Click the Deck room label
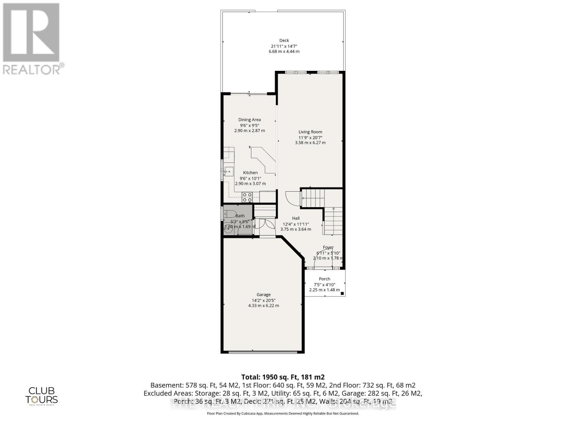pyautogui.click(x=284, y=40)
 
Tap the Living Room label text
pyautogui.click(x=310, y=132)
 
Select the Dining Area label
pyautogui.click(x=249, y=120)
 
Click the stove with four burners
pyautogui.click(x=247, y=197)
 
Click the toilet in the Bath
pyautogui.click(x=230, y=214)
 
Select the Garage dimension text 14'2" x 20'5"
pyautogui.click(x=264, y=300)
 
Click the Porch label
pyautogui.click(x=324, y=279)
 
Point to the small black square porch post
pyautogui.click(x=342, y=293)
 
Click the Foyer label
pyautogui.click(x=328, y=248)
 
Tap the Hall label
pyautogui.click(x=296, y=218)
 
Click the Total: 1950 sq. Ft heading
pyautogui.click(x=283, y=377)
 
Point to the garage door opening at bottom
pyautogui.click(x=262, y=352)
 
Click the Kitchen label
pyautogui.click(x=250, y=172)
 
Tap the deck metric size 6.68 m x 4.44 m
pyautogui.click(x=284, y=51)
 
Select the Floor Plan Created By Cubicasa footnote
pyautogui.click(x=283, y=413)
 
